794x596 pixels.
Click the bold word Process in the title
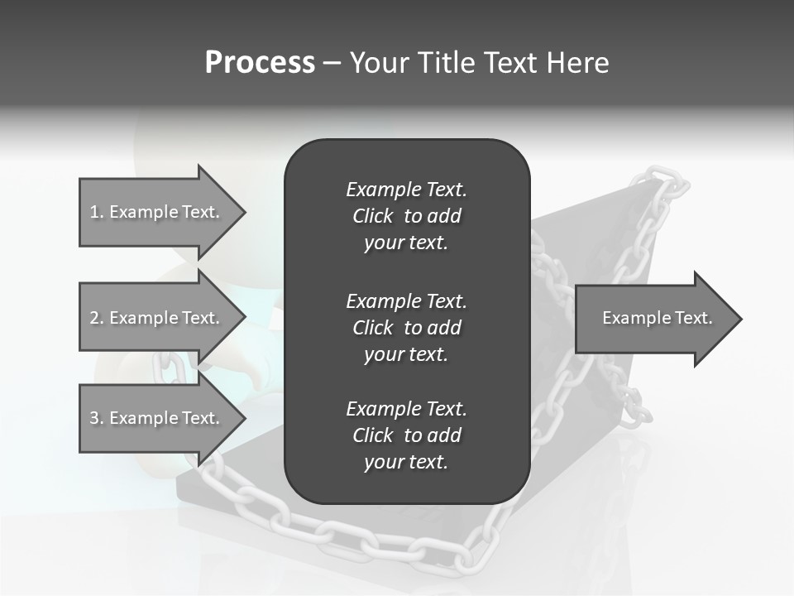point(260,62)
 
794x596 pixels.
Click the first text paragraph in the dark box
point(406,216)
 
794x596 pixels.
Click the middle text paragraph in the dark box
point(406,327)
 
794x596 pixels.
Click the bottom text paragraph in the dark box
point(406,435)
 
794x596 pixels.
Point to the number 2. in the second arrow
point(96,318)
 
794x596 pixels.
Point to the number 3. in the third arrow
point(96,418)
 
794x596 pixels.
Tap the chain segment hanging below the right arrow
point(633,397)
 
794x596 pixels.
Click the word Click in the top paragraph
point(372,216)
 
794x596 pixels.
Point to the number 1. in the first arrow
point(96,212)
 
